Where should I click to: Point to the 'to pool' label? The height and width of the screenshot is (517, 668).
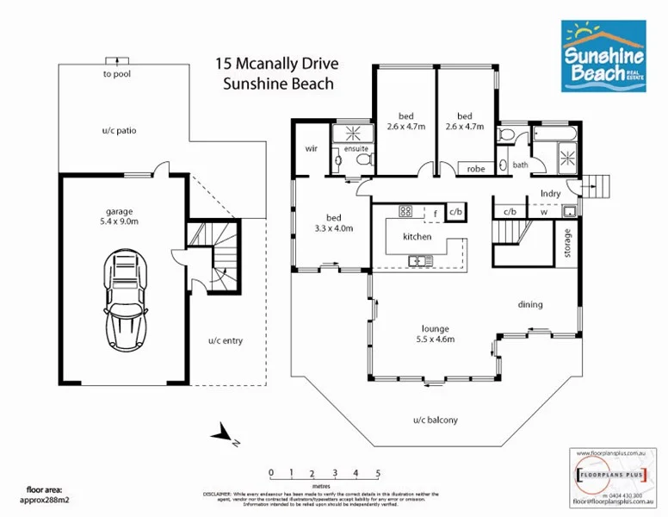pos(116,74)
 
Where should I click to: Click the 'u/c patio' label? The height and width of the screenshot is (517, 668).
pos(119,131)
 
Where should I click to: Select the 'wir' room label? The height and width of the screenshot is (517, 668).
pos(312,148)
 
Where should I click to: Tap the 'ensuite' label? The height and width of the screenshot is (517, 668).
pos(356,149)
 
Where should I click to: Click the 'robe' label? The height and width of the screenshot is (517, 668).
pos(476,169)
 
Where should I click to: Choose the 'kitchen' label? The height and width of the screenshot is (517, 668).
pos(417,236)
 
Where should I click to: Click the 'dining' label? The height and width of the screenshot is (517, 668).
pos(529,304)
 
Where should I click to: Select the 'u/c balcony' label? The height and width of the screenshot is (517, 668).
pos(436,420)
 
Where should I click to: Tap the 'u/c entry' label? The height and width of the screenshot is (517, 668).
pos(226,341)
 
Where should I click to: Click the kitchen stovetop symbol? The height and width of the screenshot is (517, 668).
pos(406,211)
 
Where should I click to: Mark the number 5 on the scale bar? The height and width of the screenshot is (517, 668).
pos(378,473)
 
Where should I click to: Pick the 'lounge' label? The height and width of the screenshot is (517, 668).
pos(435,328)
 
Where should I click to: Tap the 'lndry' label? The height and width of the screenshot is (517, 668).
pos(551,194)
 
